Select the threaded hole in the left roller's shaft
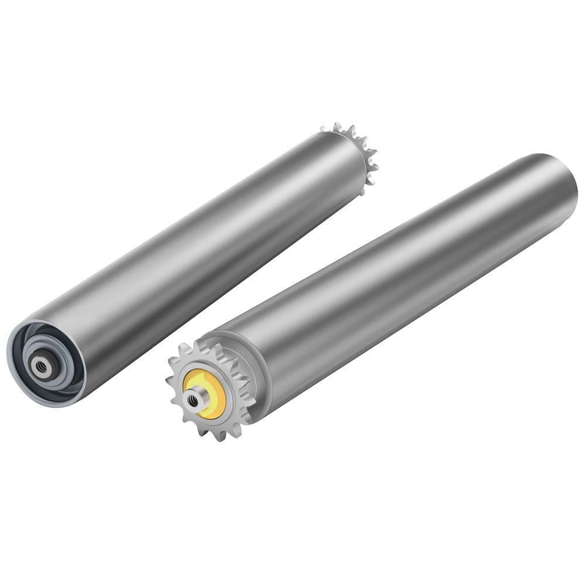41,367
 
